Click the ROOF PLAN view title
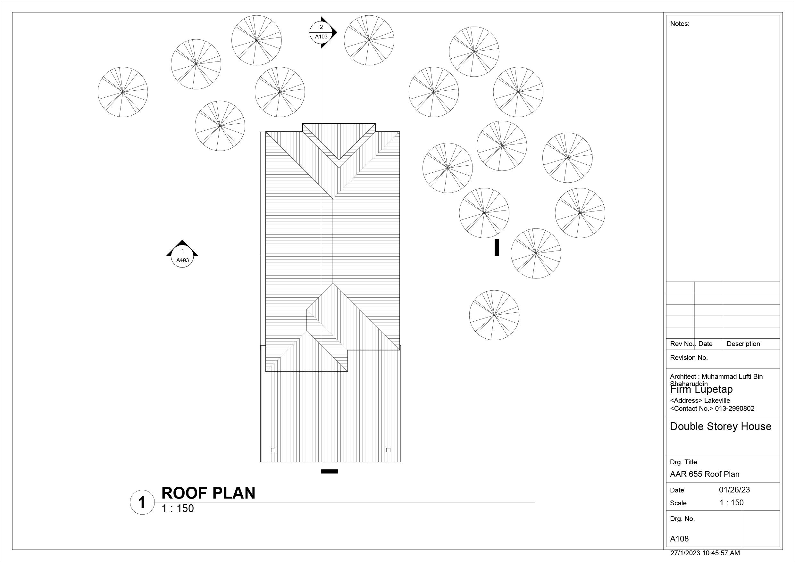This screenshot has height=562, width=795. click(x=208, y=493)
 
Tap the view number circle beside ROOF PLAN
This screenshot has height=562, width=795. click(x=142, y=502)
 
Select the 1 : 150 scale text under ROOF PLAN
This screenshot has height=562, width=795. click(x=178, y=509)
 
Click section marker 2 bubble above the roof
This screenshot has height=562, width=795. click(x=321, y=32)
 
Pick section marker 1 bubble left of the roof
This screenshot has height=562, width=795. click(x=182, y=256)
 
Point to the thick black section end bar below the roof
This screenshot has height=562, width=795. click(x=329, y=471)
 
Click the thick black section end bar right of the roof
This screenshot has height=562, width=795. click(x=497, y=247)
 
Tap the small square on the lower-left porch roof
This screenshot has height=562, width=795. click(x=273, y=450)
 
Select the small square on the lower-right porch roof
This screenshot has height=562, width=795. click(x=388, y=450)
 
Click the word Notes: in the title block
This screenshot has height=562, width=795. click(x=680, y=24)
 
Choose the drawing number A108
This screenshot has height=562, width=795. click(x=679, y=539)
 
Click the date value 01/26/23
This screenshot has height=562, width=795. click(x=734, y=490)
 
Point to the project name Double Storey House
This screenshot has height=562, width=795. click(x=721, y=427)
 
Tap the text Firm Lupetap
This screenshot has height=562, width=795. click(x=701, y=390)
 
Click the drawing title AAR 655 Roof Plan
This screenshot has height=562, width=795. click(x=705, y=475)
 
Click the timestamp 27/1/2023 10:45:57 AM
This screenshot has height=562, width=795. click(x=705, y=553)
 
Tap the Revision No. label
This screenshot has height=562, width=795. click(x=689, y=358)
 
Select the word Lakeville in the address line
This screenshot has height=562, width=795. click(x=717, y=401)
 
